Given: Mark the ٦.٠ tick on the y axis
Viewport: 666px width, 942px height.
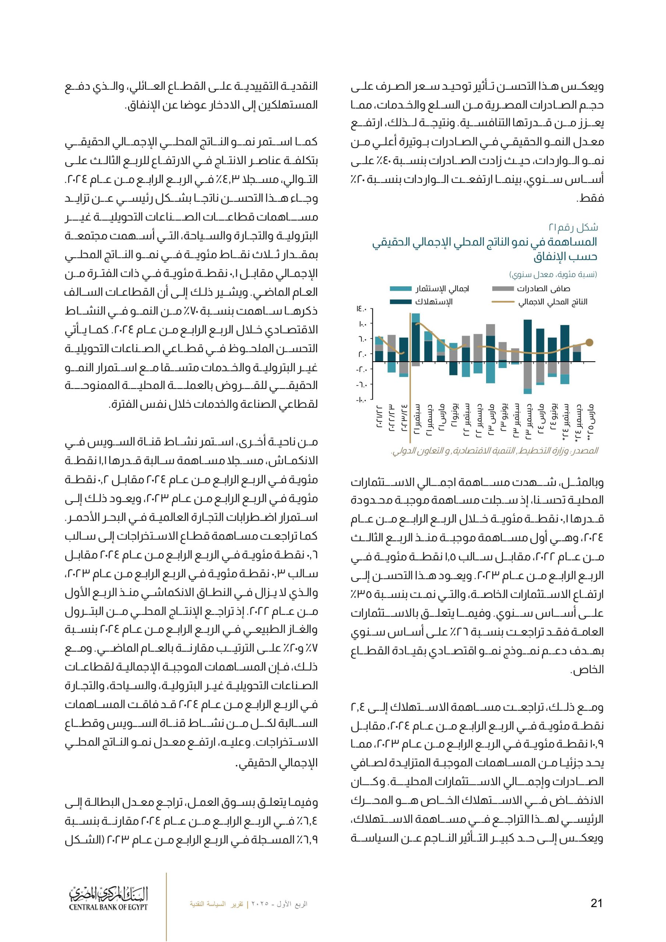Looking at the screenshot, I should pos(362,339).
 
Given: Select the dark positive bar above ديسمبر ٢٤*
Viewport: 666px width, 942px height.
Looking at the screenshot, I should pos(577,356).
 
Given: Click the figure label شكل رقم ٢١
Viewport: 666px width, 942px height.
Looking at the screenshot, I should pos(573,227).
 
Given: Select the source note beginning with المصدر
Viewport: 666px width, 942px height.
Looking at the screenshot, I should pos(495,451).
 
